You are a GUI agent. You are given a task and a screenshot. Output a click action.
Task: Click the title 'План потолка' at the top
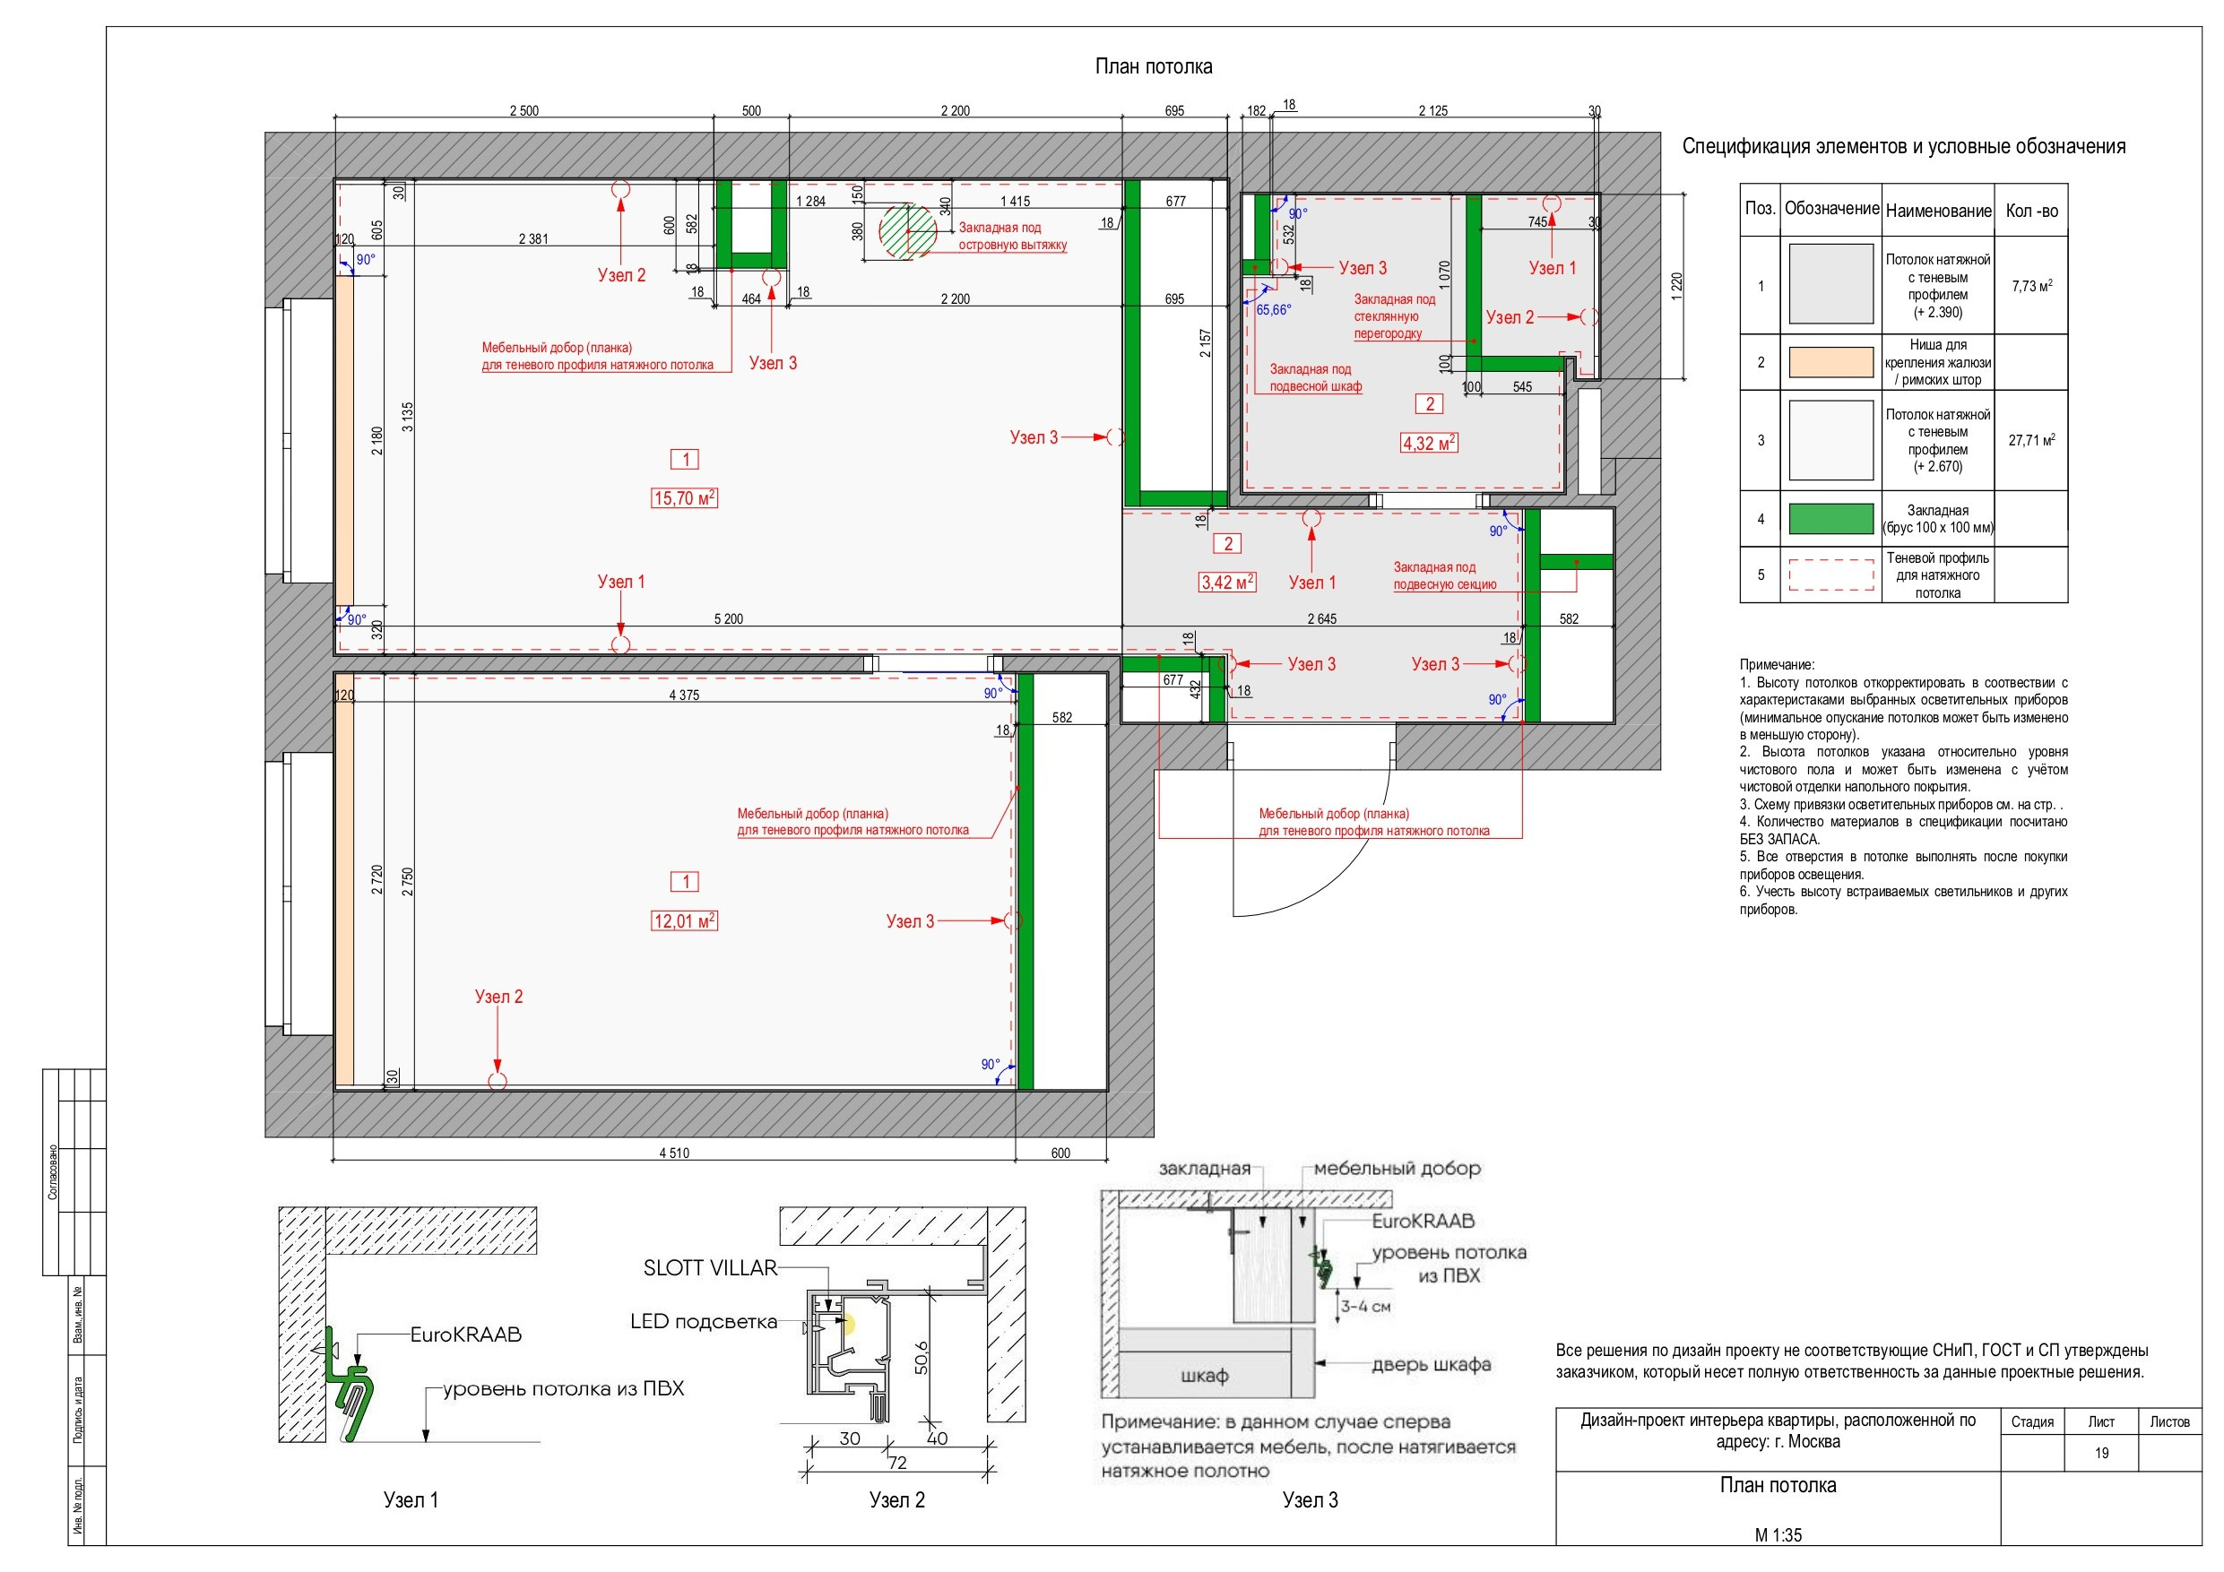[x=1153, y=67]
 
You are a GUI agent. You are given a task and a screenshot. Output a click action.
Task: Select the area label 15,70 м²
[x=684, y=497]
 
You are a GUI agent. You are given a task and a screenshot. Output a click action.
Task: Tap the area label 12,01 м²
[x=684, y=920]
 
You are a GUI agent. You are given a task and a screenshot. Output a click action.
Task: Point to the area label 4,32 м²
[x=1429, y=443]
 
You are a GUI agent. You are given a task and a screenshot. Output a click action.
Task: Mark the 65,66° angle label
[x=1274, y=310]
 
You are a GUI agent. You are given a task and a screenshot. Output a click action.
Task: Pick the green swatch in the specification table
[x=1830, y=519]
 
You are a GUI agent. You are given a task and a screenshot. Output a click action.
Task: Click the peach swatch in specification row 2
[x=1830, y=362]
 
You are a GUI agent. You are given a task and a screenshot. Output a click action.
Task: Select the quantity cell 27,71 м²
[x=2031, y=440]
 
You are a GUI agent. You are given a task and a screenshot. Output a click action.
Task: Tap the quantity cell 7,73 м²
[x=2031, y=286]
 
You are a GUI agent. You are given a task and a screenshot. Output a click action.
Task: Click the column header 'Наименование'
[x=1938, y=211]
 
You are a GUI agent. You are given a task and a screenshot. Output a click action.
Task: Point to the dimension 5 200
[x=729, y=619]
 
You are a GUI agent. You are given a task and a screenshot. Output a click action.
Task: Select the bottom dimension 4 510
[x=674, y=1153]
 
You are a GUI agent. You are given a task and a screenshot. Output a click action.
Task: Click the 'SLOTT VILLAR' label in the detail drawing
[x=710, y=1268]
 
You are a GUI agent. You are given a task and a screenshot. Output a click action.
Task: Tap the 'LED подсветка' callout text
[x=703, y=1321]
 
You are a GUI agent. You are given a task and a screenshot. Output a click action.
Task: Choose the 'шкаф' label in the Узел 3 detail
[x=1204, y=1376]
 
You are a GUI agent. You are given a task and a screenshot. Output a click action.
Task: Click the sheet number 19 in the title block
[x=2101, y=1453]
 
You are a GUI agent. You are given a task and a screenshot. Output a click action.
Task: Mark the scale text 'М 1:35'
[x=1778, y=1535]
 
